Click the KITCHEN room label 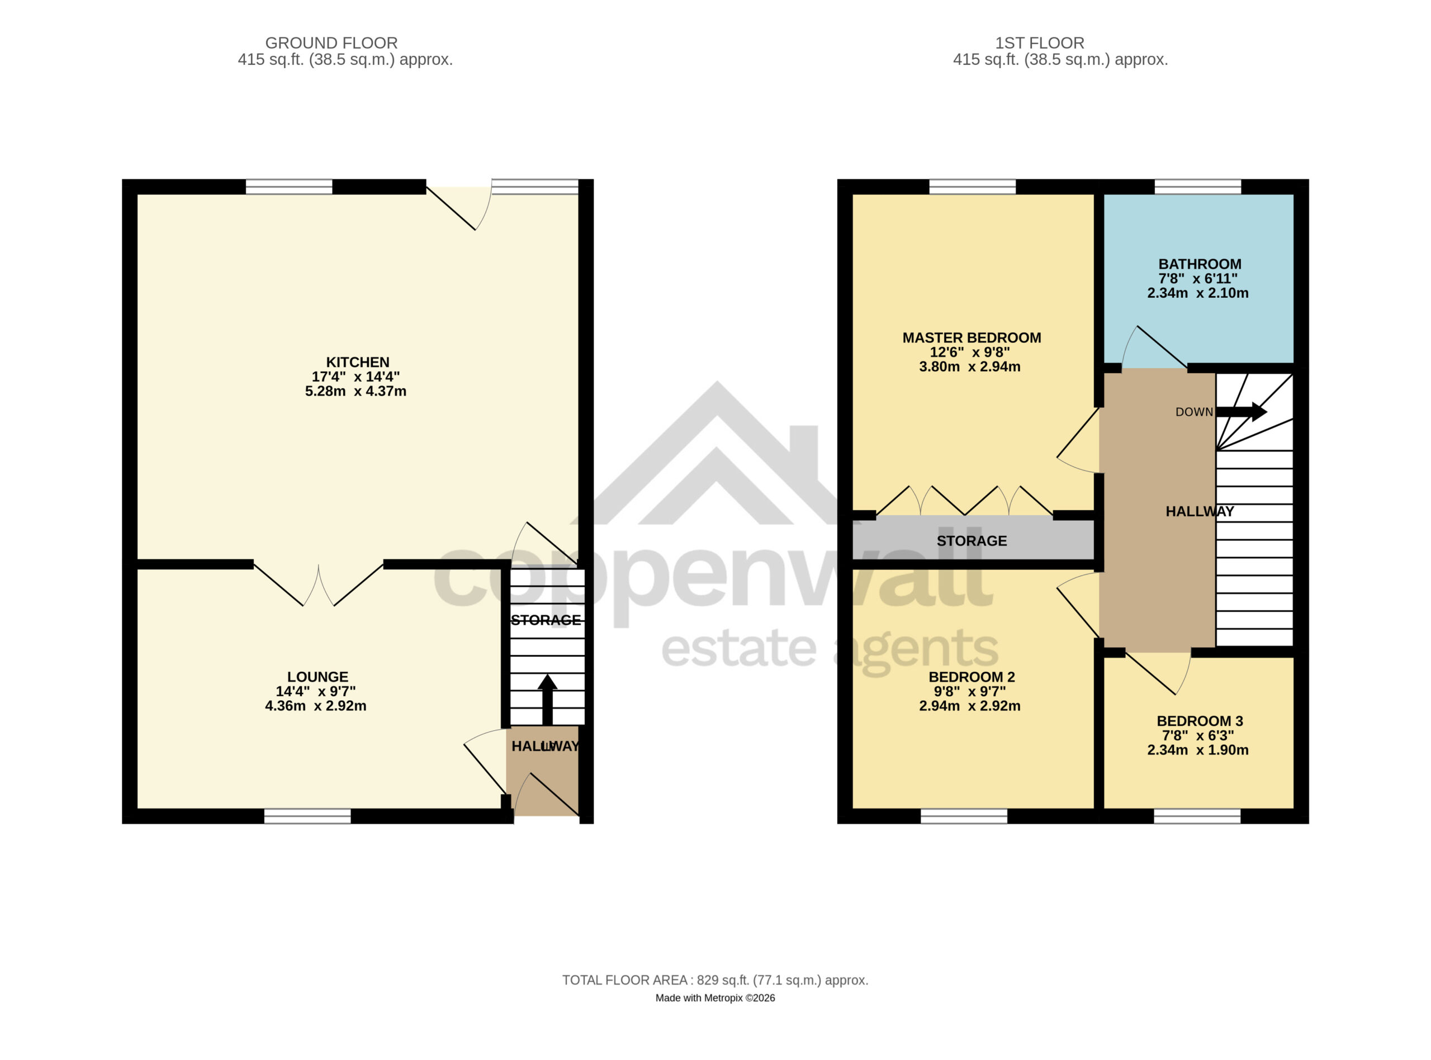pyautogui.click(x=357, y=363)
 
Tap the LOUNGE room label pyautogui.click(x=318, y=677)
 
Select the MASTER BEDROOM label pyautogui.click(x=972, y=338)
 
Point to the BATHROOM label pyautogui.click(x=1200, y=264)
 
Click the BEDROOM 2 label pyautogui.click(x=972, y=677)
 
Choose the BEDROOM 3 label pyautogui.click(x=1200, y=721)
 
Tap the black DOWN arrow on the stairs pyautogui.click(x=1241, y=412)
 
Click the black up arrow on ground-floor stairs pyautogui.click(x=547, y=700)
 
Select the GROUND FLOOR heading pyautogui.click(x=331, y=43)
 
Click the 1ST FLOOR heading pyautogui.click(x=1040, y=43)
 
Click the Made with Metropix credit pyautogui.click(x=715, y=999)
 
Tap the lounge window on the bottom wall pyautogui.click(x=307, y=816)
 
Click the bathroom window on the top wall pyautogui.click(x=1197, y=187)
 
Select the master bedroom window pyautogui.click(x=972, y=187)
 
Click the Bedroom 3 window pyautogui.click(x=1197, y=816)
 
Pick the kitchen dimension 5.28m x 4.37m pyautogui.click(x=356, y=391)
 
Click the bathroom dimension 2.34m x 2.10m pyautogui.click(x=1197, y=293)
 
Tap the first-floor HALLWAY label pyautogui.click(x=1200, y=511)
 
